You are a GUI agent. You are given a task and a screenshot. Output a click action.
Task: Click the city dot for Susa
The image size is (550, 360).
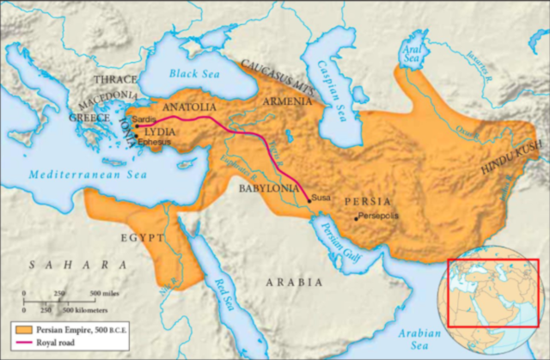point(309,198)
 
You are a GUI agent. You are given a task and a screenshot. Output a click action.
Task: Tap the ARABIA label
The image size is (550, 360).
point(294,281)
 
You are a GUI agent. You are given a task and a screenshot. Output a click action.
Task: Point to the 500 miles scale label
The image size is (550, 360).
point(88,293)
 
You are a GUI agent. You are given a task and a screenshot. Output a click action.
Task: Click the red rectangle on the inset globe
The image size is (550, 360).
point(492,292)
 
